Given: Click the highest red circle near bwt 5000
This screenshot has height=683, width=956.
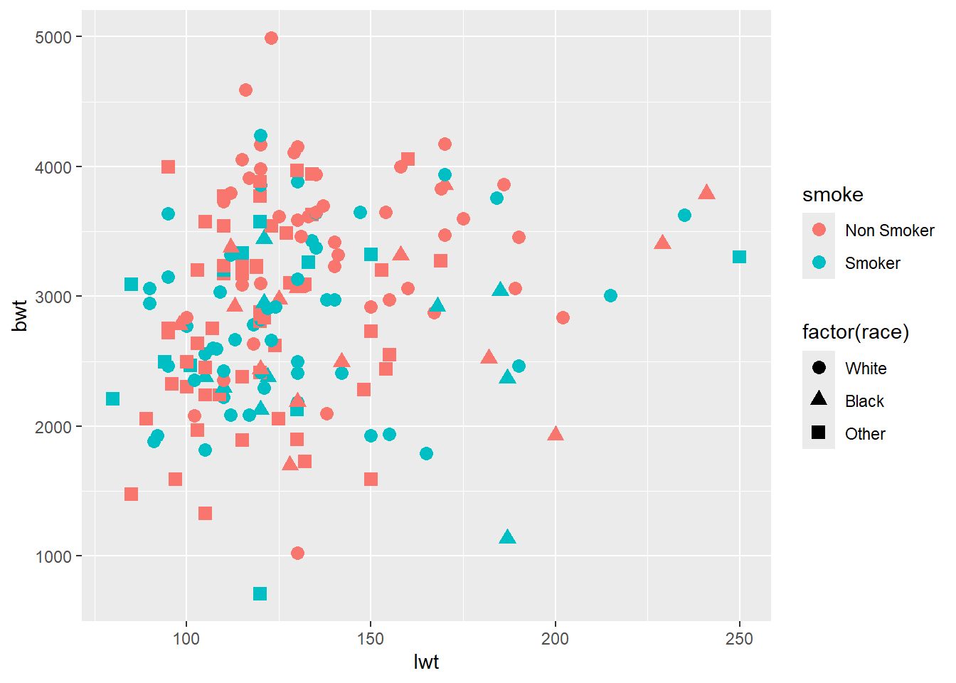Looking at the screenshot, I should pos(271,38).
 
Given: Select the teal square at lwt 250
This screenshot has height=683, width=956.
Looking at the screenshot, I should pos(739,257).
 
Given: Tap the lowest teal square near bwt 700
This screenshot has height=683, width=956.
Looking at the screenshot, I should pos(260,593).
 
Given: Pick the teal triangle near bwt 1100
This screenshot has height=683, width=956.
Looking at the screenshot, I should pos(507,537).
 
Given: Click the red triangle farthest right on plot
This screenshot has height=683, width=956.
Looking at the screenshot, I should pos(706,193).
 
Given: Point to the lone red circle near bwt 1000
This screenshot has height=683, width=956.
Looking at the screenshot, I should pos(297,553).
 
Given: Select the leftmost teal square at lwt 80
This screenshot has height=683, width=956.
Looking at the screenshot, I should pos(113,398).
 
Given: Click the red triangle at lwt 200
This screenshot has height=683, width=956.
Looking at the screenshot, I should pos(556,434).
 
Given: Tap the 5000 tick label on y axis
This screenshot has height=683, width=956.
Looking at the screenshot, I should pos(53,37).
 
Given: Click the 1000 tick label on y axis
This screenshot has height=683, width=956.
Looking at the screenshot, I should pos(53,556).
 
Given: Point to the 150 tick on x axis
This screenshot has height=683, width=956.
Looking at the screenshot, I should pos(371,639).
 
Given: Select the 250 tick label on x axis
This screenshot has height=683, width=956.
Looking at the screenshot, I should pos(739,639).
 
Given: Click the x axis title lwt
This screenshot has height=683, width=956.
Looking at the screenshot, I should pos(426,662).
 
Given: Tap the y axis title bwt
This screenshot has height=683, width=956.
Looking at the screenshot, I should pos(20,315).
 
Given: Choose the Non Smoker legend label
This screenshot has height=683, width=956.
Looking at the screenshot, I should pos(889,231).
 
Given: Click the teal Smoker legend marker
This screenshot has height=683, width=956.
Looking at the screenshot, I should pos(819,263).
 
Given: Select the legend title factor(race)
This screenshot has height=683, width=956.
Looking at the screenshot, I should pos(856,332).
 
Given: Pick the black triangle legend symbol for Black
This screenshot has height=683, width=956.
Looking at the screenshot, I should pos(819,398).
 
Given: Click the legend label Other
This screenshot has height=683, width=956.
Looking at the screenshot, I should pos(865,434).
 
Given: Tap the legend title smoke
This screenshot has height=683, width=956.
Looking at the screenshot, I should pos(832,195).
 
